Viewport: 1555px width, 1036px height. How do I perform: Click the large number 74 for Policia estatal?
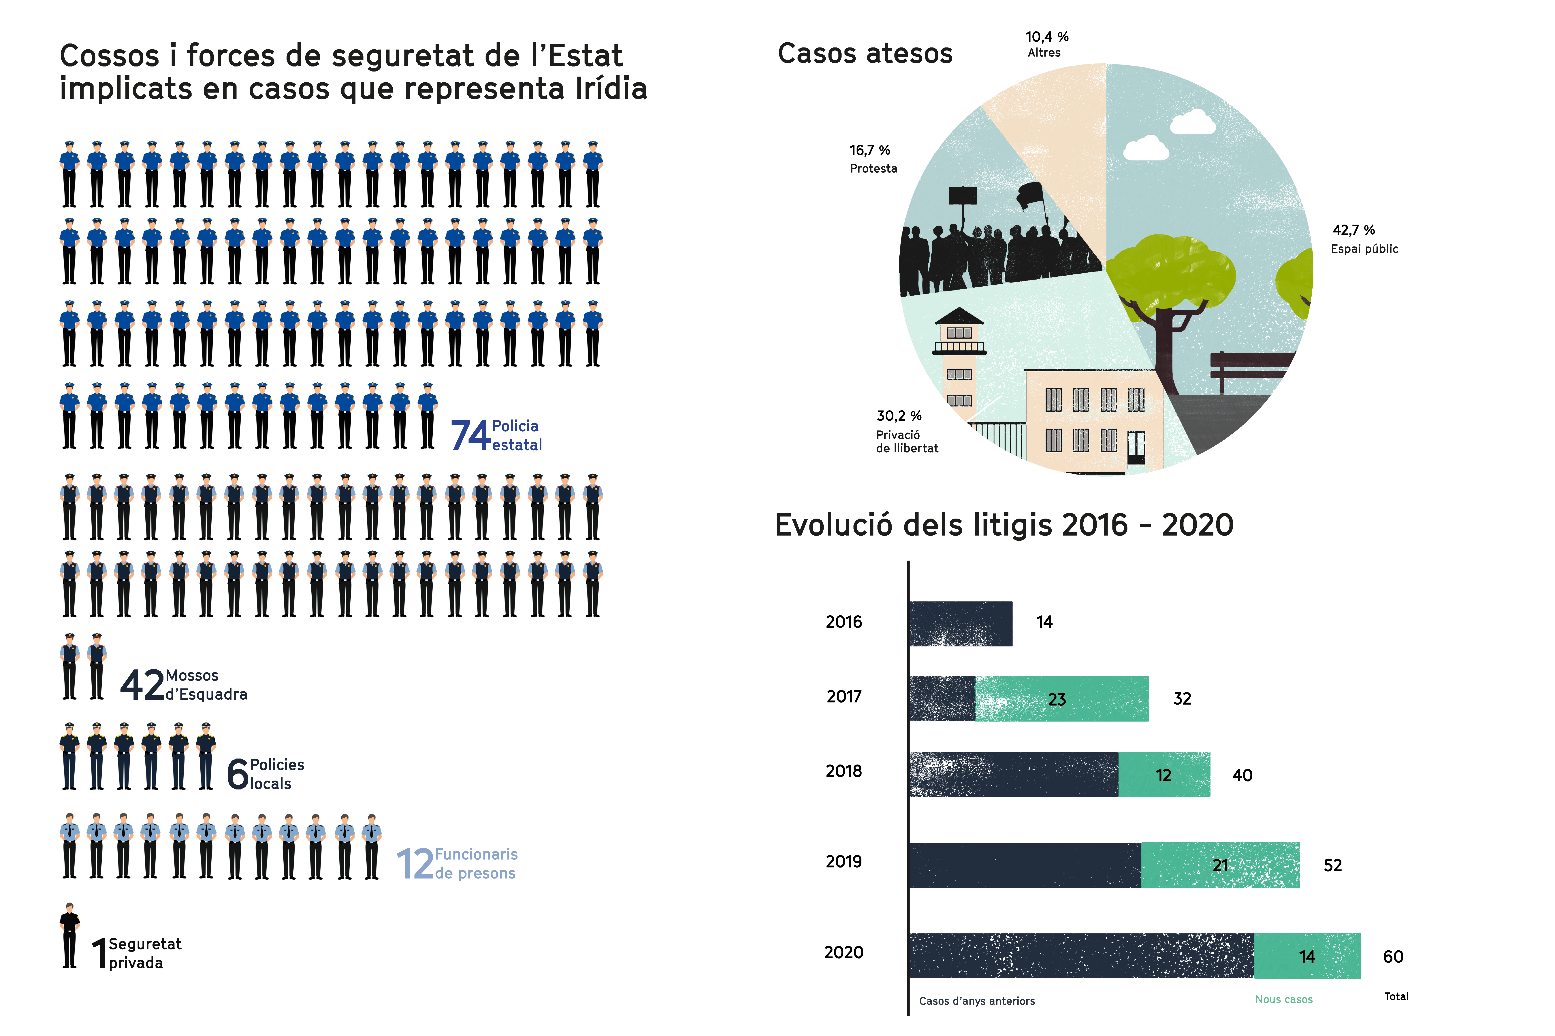[470, 435]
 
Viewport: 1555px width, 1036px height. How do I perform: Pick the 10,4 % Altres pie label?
[1047, 44]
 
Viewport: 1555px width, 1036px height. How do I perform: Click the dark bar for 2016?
[960, 624]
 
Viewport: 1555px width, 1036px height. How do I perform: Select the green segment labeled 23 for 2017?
[1061, 698]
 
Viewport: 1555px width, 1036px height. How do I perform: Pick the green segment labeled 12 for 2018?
[1164, 774]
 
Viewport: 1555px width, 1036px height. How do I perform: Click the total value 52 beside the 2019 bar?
[1332, 866]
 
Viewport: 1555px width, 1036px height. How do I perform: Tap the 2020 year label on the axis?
[844, 952]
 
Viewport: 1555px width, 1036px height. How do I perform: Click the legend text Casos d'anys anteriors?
[976, 1001]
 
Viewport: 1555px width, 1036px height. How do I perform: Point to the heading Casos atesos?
[865, 54]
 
